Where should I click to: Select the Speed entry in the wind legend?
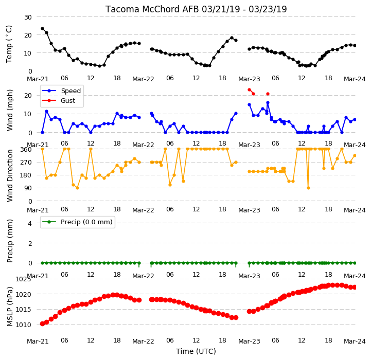tap(70, 91)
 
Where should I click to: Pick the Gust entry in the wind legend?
tap(68, 100)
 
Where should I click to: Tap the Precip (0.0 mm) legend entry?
tap(86, 222)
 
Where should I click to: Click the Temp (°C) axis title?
tap(9, 44)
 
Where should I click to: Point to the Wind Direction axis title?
tap(10, 175)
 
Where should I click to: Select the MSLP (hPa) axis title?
tap(10, 307)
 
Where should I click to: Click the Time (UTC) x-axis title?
tap(196, 351)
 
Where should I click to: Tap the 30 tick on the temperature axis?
tap(28, 17)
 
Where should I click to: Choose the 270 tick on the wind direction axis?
tap(27, 163)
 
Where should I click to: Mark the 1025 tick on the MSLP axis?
tap(23, 279)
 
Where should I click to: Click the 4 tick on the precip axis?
tap(29, 223)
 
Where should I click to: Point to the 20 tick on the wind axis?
tap(28, 95)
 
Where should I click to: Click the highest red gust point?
tap(249, 89)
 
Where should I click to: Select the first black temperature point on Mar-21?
tap(42, 29)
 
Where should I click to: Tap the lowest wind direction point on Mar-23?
tap(308, 188)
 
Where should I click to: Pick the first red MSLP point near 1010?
tap(42, 323)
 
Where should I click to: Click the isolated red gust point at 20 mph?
tap(268, 94)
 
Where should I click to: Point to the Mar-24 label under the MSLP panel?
tap(355, 341)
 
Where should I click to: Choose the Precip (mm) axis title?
tap(10, 241)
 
